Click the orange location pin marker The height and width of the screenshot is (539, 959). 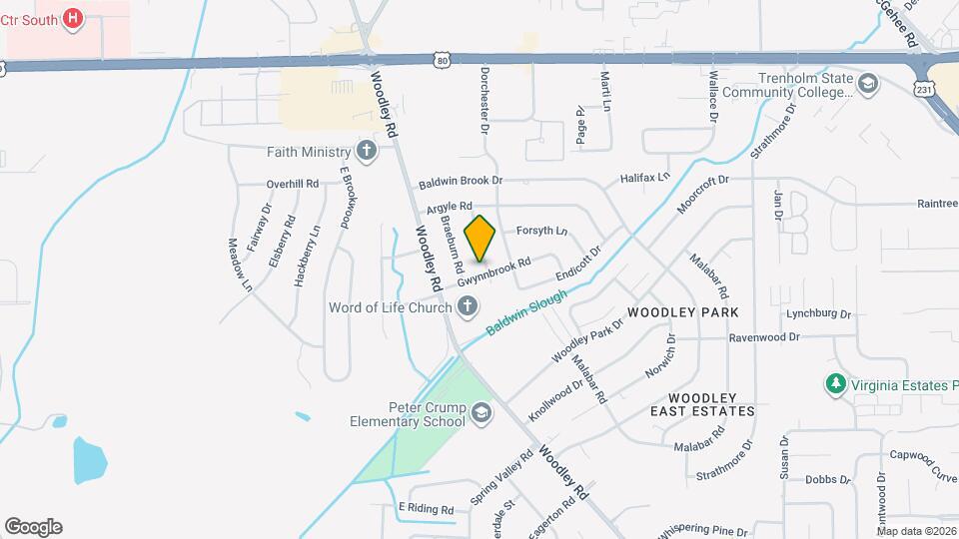(x=480, y=238)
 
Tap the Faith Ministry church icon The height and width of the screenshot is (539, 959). (x=367, y=152)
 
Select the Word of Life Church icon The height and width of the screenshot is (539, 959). (x=468, y=307)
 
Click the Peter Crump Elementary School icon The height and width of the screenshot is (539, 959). (x=481, y=413)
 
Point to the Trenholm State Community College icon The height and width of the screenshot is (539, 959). (x=867, y=83)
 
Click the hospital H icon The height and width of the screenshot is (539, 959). (x=72, y=17)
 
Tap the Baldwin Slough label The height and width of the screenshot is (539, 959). (x=527, y=312)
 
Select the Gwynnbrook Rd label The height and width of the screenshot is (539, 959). (x=493, y=271)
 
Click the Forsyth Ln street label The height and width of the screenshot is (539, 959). (x=541, y=231)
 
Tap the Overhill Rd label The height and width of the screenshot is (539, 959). (x=292, y=184)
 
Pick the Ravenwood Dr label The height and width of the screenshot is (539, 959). (x=764, y=337)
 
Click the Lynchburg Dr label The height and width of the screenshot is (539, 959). (x=818, y=313)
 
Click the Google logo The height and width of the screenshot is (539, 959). (x=33, y=527)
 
